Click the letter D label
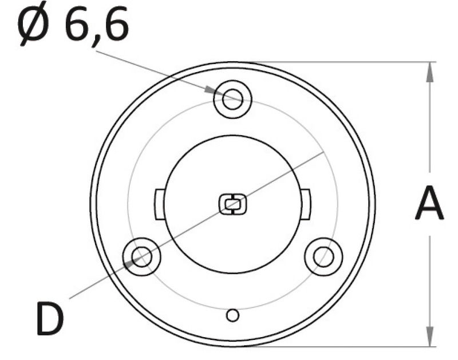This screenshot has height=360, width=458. point(50,319)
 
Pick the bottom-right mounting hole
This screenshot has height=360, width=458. point(323,256)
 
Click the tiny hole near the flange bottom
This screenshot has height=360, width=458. point(232,315)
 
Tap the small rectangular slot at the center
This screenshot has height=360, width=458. point(232,204)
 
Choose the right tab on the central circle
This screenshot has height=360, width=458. point(306,203)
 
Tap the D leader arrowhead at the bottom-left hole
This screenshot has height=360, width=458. point(131,262)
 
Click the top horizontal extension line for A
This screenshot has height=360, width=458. point(343,62)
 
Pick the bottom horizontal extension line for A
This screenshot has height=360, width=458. point(343,346)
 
